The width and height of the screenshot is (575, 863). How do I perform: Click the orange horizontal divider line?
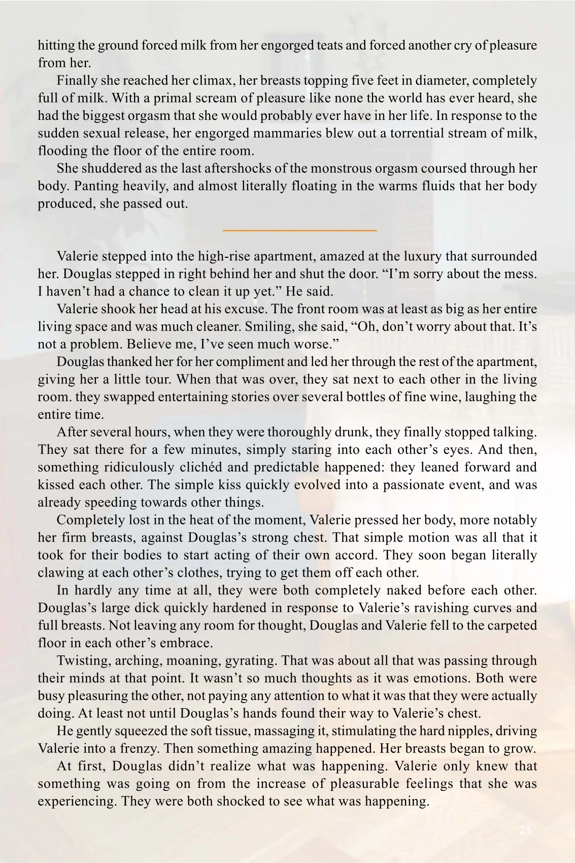click(299, 230)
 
